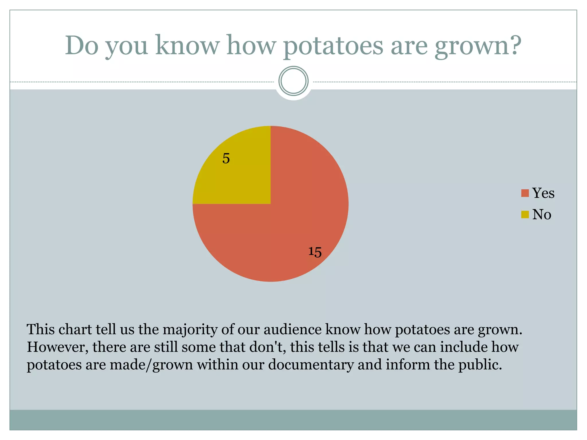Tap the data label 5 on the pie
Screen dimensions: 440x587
[x=226, y=158]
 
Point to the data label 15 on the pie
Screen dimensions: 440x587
[x=315, y=252]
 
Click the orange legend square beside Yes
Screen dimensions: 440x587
[x=525, y=193]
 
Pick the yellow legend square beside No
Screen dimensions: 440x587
[x=525, y=214]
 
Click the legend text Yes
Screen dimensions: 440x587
[x=543, y=193]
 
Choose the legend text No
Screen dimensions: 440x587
[x=542, y=214]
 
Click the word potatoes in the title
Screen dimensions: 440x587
[x=333, y=46]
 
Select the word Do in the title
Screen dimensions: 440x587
[x=82, y=46]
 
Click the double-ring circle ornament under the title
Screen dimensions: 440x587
[x=293, y=81]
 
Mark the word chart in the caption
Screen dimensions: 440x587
[x=75, y=329]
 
